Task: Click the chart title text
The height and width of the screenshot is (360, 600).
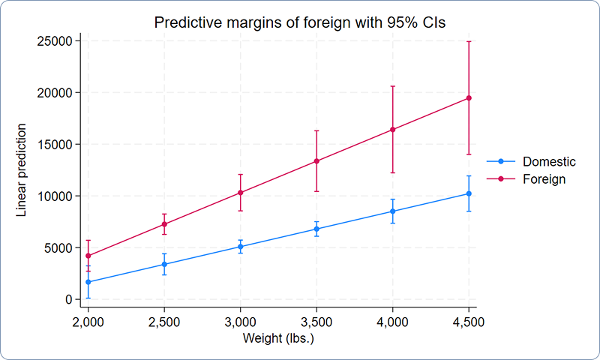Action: (300, 22)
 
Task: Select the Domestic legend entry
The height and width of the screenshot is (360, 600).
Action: (549, 161)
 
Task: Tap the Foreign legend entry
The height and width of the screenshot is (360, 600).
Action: (544, 179)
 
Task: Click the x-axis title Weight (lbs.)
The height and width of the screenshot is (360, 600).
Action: (278, 338)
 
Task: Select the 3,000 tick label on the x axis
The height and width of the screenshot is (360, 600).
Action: (240, 321)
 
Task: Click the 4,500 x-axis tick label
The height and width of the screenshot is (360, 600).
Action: (469, 321)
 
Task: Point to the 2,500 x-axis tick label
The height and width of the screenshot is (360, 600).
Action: (164, 321)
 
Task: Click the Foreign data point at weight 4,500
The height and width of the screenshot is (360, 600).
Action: (469, 98)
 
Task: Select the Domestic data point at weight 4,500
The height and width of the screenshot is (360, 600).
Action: (469, 193)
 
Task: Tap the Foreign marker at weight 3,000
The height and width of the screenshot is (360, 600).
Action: (240, 193)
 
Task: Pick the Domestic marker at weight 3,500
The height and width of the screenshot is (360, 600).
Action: (316, 229)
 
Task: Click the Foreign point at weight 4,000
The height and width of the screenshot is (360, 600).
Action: (392, 130)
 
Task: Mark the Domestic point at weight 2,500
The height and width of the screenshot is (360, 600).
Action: (164, 264)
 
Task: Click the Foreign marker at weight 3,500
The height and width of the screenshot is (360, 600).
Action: (316, 160)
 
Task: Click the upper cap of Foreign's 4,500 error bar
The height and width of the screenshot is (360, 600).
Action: (469, 41)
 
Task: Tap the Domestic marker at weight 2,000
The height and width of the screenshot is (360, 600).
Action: (88, 282)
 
